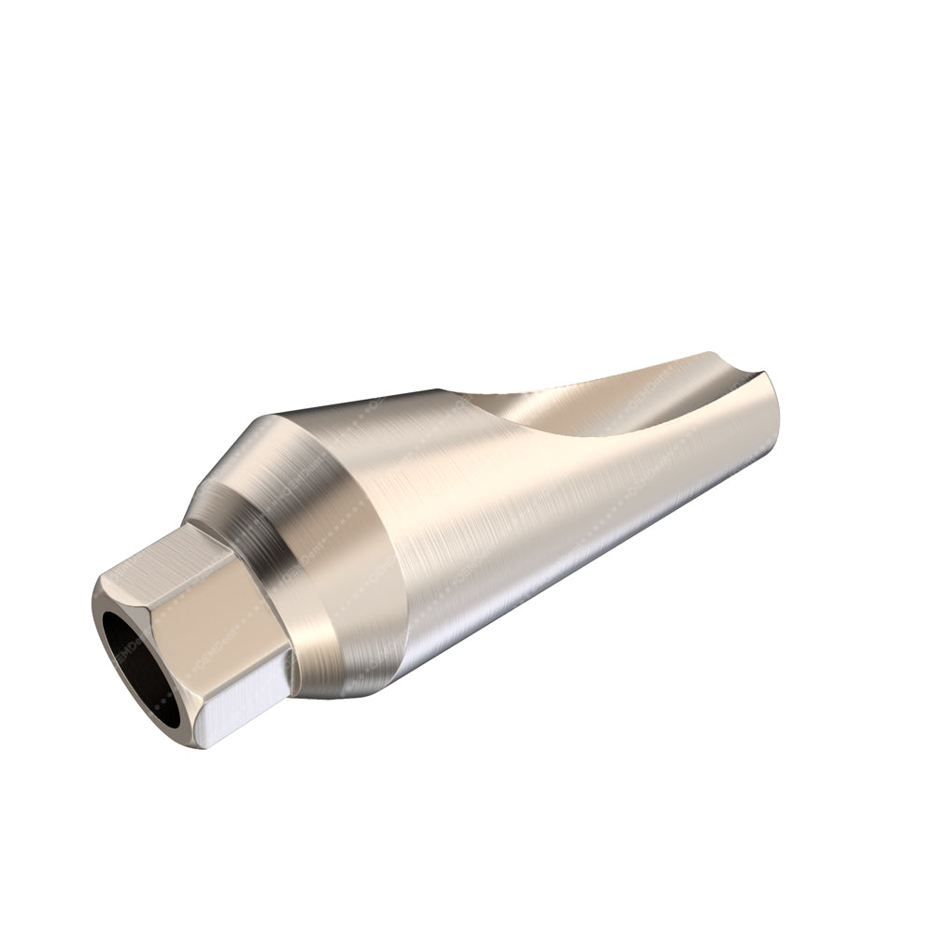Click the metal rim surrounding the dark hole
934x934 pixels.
105,616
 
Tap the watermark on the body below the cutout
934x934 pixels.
654,486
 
